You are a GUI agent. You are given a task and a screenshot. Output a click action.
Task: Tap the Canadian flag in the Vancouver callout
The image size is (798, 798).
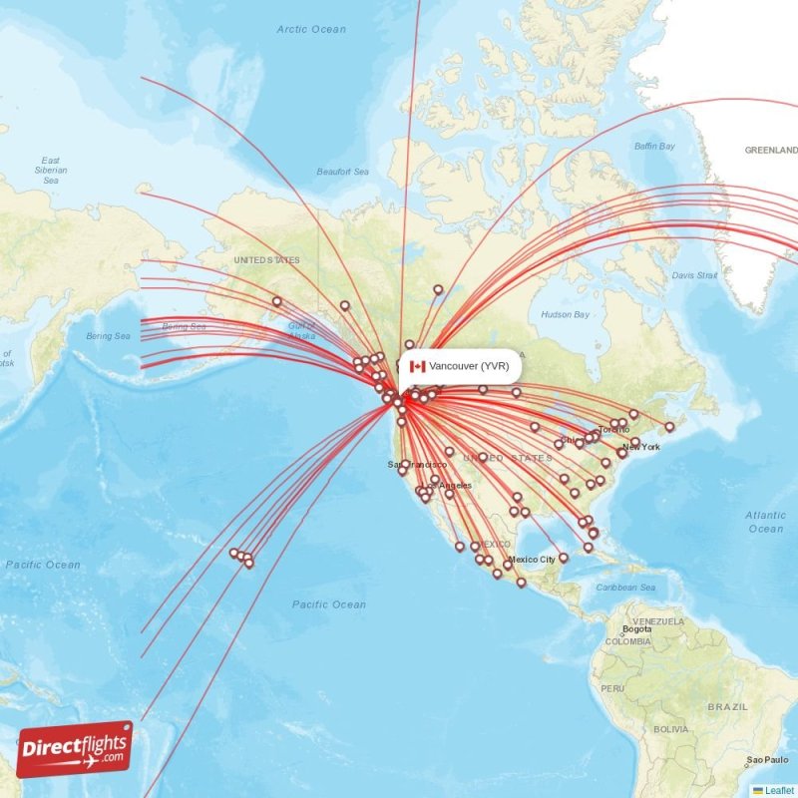tap(417, 366)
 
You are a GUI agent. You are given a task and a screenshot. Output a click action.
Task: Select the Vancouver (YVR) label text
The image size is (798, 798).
tap(469, 366)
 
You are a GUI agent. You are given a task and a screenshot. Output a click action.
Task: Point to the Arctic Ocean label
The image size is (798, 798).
tap(311, 30)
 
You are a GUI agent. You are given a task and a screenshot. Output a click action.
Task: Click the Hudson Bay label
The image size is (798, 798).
tap(565, 315)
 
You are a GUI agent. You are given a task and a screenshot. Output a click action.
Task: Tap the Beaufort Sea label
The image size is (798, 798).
tap(342, 172)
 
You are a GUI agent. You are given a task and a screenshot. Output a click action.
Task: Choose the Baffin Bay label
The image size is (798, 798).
tap(654, 147)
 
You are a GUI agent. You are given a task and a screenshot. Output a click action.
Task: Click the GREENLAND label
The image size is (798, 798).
tap(771, 150)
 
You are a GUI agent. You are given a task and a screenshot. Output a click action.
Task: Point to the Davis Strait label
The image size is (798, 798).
tap(694, 275)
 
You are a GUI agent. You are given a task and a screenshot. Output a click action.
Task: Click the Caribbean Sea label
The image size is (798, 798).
tap(625, 588)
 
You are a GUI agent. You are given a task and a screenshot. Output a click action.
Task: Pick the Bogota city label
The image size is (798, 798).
tap(636, 629)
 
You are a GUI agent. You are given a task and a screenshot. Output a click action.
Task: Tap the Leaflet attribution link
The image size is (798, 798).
tap(780, 790)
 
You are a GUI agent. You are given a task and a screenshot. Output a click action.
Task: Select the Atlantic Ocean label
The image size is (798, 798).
tap(765, 522)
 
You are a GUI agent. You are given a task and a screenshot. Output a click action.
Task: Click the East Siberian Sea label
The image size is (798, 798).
tap(51, 171)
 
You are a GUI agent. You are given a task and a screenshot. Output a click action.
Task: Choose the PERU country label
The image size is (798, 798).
tap(611, 688)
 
